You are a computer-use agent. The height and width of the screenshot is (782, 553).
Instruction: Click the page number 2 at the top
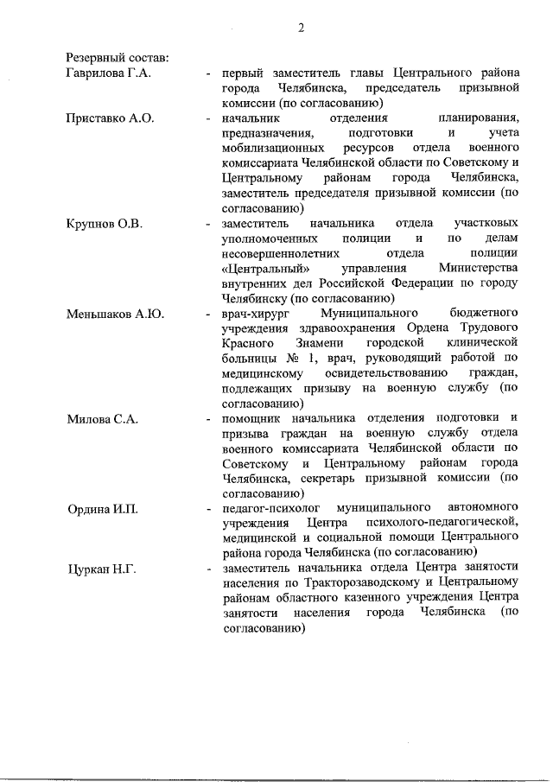point(302,27)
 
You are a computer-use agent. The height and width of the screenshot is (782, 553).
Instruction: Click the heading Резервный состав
point(118,58)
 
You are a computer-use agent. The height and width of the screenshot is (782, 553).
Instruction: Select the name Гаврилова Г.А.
point(109,73)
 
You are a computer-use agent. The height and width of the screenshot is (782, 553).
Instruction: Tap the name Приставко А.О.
point(110,118)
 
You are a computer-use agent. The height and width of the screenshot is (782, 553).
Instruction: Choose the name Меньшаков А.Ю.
point(115,313)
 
